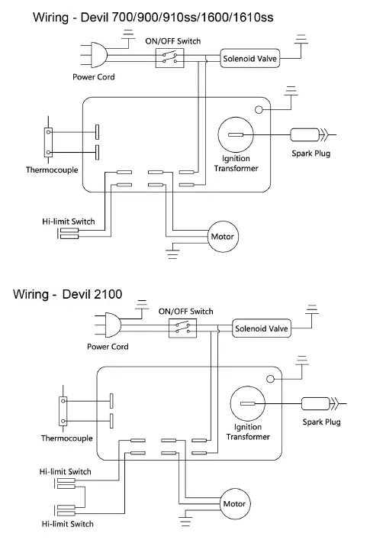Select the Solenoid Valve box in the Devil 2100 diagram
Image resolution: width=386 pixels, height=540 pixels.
click(x=261, y=329)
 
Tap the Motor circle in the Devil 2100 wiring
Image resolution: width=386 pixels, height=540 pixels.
click(x=234, y=504)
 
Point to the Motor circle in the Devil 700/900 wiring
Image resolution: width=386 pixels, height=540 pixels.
click(x=222, y=236)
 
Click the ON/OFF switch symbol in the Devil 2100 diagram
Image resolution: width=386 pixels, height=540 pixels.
click(x=182, y=328)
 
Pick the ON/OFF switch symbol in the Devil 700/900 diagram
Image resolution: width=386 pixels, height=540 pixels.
click(x=169, y=57)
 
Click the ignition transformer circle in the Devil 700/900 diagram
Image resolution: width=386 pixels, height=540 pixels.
click(x=236, y=135)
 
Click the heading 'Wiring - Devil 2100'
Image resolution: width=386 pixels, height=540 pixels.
click(x=68, y=294)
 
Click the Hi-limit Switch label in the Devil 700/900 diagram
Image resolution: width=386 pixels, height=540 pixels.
click(x=68, y=221)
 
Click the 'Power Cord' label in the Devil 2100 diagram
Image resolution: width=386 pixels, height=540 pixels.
click(x=108, y=347)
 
